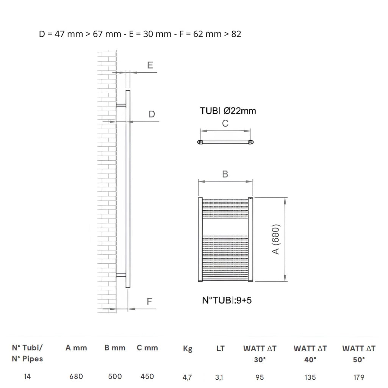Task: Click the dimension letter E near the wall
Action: point(150,65)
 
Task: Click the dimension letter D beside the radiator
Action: point(152,114)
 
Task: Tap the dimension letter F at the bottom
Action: point(149,301)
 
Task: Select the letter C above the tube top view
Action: point(225,123)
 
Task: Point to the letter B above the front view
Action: point(225,174)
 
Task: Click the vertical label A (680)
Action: point(276,239)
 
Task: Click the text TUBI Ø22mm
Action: point(228,111)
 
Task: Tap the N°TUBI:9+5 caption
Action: point(227,300)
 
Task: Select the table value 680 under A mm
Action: point(76,376)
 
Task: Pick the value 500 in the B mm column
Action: point(115,376)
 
